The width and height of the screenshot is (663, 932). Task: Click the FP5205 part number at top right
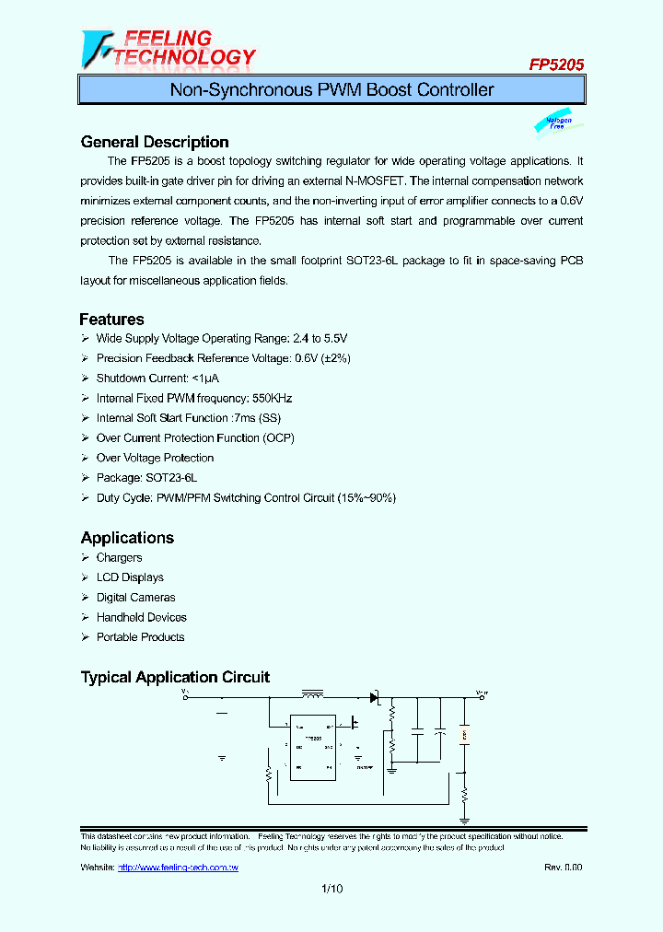pyautogui.click(x=555, y=65)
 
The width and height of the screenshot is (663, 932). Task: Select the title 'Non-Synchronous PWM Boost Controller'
pyautogui.click(x=331, y=90)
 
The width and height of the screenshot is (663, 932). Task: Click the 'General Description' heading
pyautogui.click(x=155, y=142)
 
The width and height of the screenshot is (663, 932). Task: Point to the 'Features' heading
pyautogui.click(x=111, y=320)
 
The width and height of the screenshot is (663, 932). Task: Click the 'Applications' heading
pyautogui.click(x=127, y=538)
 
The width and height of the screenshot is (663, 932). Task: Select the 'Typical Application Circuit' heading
pyautogui.click(x=175, y=677)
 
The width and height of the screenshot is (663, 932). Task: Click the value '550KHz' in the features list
pyautogui.click(x=272, y=399)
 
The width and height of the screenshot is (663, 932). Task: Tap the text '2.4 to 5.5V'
pyautogui.click(x=316, y=339)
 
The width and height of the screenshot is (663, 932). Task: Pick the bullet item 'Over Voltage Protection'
pyautogui.click(x=155, y=458)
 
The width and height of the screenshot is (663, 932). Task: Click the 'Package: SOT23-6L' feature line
pyautogui.click(x=146, y=478)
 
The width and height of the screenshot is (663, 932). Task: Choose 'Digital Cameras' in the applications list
pyautogui.click(x=135, y=598)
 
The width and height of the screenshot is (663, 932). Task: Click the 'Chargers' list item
pyautogui.click(x=119, y=558)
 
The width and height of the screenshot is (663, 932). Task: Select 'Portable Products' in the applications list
pyautogui.click(x=140, y=637)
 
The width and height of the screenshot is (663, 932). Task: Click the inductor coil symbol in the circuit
pyautogui.click(x=314, y=693)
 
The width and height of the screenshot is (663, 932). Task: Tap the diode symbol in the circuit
pyautogui.click(x=374, y=698)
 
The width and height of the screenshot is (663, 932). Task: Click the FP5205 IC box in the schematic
pyautogui.click(x=313, y=748)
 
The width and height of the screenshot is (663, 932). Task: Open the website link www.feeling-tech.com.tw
pyautogui.click(x=179, y=868)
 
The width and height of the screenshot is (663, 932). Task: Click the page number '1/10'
pyautogui.click(x=331, y=889)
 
